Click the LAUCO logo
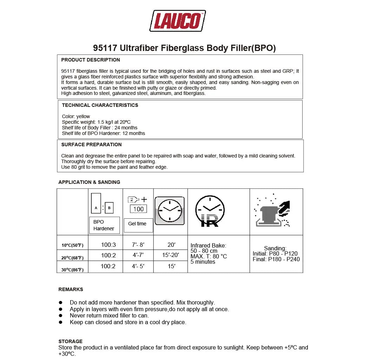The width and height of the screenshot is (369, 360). [177, 21]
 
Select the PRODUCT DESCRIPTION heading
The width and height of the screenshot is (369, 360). [90, 60]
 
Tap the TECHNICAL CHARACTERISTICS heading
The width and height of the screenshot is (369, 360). [100, 105]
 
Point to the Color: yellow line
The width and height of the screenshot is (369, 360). [76, 116]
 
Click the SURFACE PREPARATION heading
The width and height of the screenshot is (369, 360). [91, 144]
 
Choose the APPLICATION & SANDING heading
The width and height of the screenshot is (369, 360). [89, 182]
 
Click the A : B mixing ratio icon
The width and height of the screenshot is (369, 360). [102, 204]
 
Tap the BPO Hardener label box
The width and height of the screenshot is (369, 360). [104, 225]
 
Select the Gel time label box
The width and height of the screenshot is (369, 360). [137, 224]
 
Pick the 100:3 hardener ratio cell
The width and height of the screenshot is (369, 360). [108, 245]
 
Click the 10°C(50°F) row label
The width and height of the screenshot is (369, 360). [72, 245]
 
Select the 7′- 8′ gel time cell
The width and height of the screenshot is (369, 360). [138, 245]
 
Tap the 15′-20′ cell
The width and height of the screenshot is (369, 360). [170, 255]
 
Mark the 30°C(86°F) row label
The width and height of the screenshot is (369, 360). [72, 270]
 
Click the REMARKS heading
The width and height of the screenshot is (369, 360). [71, 289]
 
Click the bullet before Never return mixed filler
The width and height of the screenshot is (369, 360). [60, 316]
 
